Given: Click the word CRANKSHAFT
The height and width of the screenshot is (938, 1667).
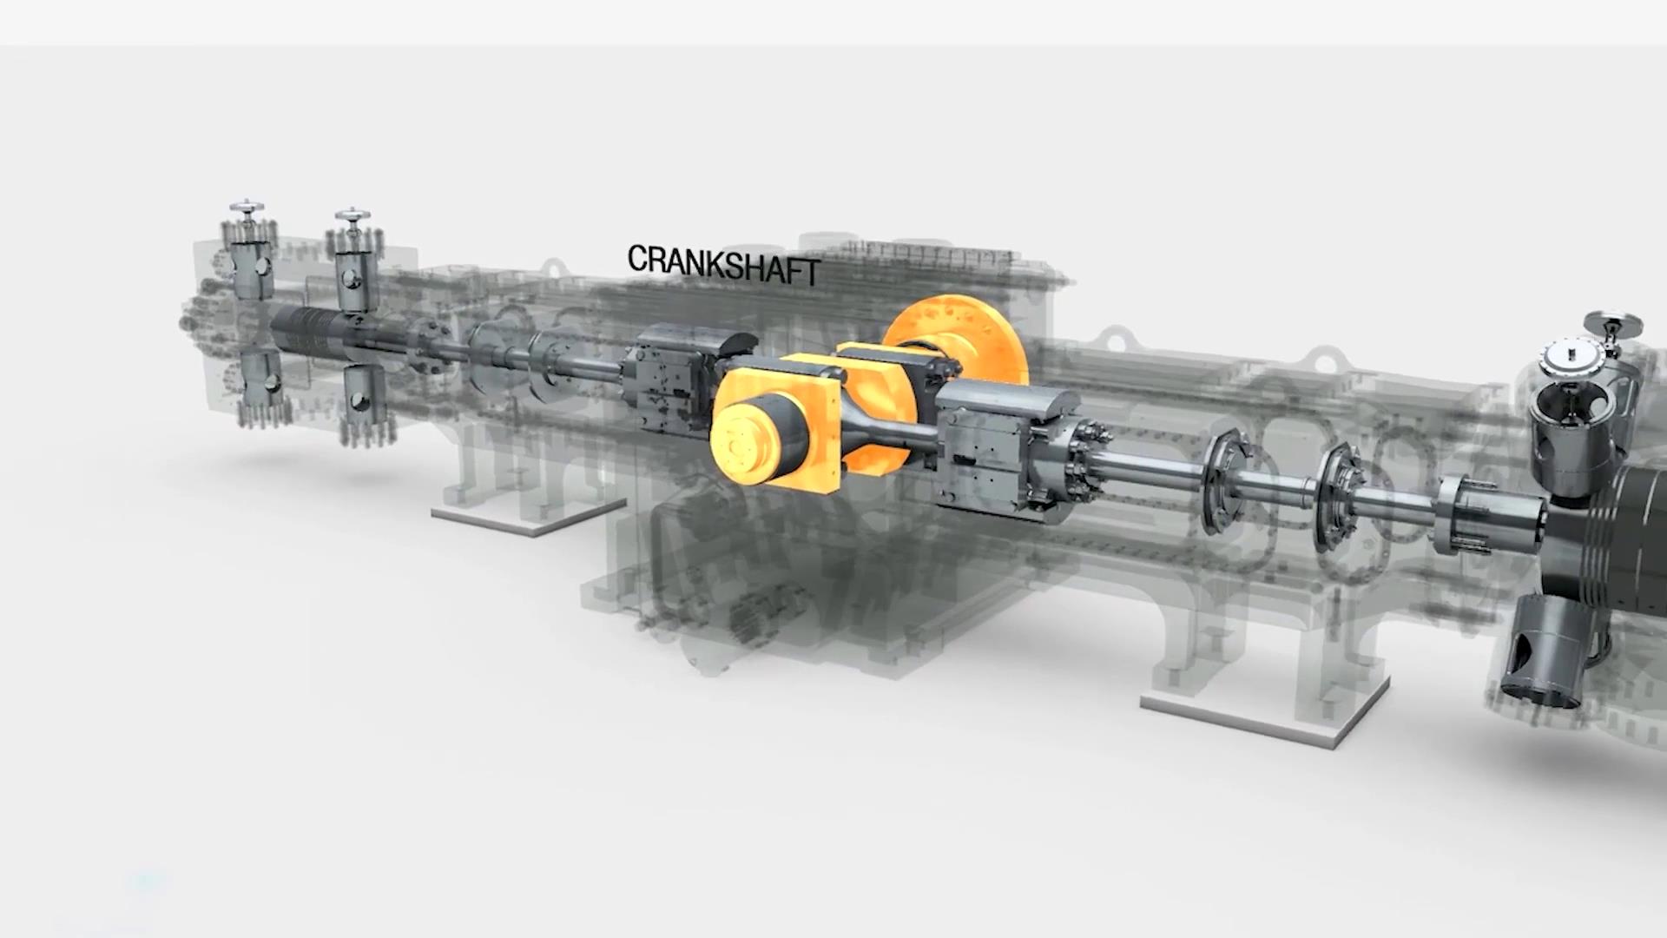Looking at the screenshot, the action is tap(723, 264).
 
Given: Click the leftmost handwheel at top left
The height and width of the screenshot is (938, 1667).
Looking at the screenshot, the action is tap(247, 208).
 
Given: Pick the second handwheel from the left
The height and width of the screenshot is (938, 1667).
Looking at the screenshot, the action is tap(353, 214).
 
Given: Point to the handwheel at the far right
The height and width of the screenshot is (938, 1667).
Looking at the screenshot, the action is tap(1613, 323).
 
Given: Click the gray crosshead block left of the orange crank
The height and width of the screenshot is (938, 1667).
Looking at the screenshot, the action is tap(686, 379).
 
